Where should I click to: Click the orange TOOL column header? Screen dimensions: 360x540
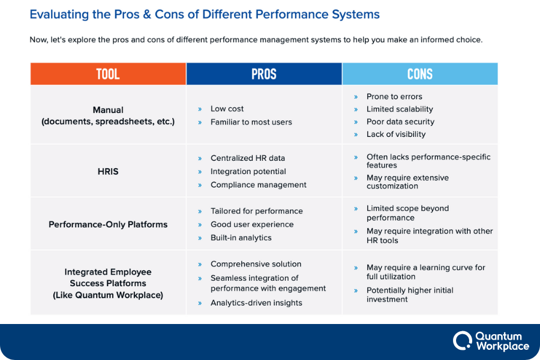(x=108, y=74)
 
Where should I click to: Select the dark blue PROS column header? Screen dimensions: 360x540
(x=264, y=74)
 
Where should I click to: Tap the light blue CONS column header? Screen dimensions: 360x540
(x=419, y=74)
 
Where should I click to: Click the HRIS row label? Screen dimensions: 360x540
(x=108, y=172)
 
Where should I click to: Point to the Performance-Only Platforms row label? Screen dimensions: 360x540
(x=108, y=224)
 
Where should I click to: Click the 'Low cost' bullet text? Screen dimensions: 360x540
(x=227, y=109)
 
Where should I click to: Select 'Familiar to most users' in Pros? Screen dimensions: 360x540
(x=251, y=122)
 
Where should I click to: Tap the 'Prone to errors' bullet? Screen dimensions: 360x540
(x=394, y=97)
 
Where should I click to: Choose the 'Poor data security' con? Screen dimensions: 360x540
(x=400, y=122)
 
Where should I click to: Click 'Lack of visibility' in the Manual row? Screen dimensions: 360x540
(x=396, y=134)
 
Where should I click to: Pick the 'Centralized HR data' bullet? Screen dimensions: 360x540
(x=247, y=158)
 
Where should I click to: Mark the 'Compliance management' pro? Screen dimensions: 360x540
(x=258, y=185)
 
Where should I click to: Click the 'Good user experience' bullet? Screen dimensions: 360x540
(x=252, y=224)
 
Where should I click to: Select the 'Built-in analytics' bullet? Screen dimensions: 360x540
(x=241, y=238)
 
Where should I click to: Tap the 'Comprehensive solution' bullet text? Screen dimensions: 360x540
(x=256, y=264)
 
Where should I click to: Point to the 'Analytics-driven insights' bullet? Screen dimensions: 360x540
(x=256, y=303)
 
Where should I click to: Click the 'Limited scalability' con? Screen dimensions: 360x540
(x=400, y=109)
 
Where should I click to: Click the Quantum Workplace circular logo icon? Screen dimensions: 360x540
(x=462, y=340)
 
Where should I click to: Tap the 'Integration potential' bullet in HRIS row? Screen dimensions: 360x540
(x=247, y=172)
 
